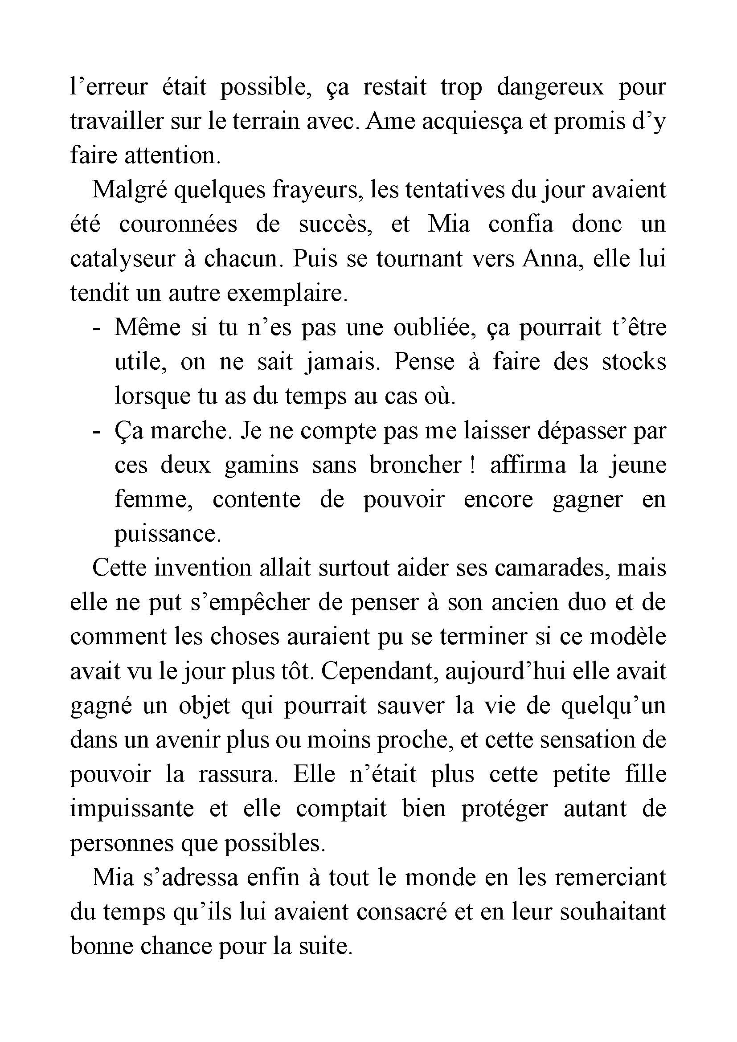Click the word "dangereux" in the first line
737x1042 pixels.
coord(550,87)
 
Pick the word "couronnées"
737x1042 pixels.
coord(178,224)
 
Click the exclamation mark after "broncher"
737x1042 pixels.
coord(473,465)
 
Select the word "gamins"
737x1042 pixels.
coord(262,466)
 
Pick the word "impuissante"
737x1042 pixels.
coord(132,809)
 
